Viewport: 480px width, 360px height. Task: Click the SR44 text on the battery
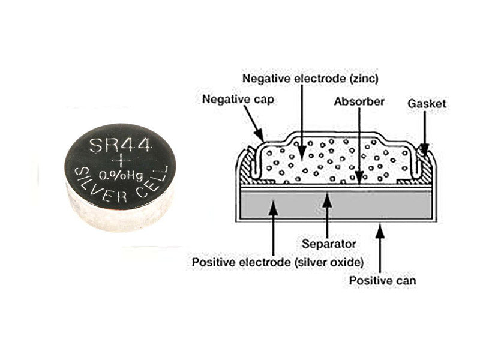point(121,145)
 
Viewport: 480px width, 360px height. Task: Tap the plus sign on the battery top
point(121,160)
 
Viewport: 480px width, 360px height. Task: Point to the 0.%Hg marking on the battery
point(121,176)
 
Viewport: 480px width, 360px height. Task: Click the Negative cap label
point(238,100)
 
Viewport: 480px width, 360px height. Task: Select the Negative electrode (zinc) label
point(310,79)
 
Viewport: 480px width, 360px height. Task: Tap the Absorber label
point(359,101)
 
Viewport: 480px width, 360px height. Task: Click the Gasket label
point(427,103)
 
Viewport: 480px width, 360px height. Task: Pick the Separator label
point(329,244)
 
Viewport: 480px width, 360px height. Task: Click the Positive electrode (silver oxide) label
point(278,262)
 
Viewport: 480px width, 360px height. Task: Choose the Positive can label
point(383,281)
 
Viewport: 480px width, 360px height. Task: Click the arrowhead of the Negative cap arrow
point(260,135)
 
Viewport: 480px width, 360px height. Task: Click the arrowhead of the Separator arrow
point(328,199)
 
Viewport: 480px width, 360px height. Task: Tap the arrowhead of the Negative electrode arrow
point(302,152)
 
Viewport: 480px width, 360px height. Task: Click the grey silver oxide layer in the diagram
point(336,204)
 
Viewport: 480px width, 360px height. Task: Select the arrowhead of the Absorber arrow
point(359,178)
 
